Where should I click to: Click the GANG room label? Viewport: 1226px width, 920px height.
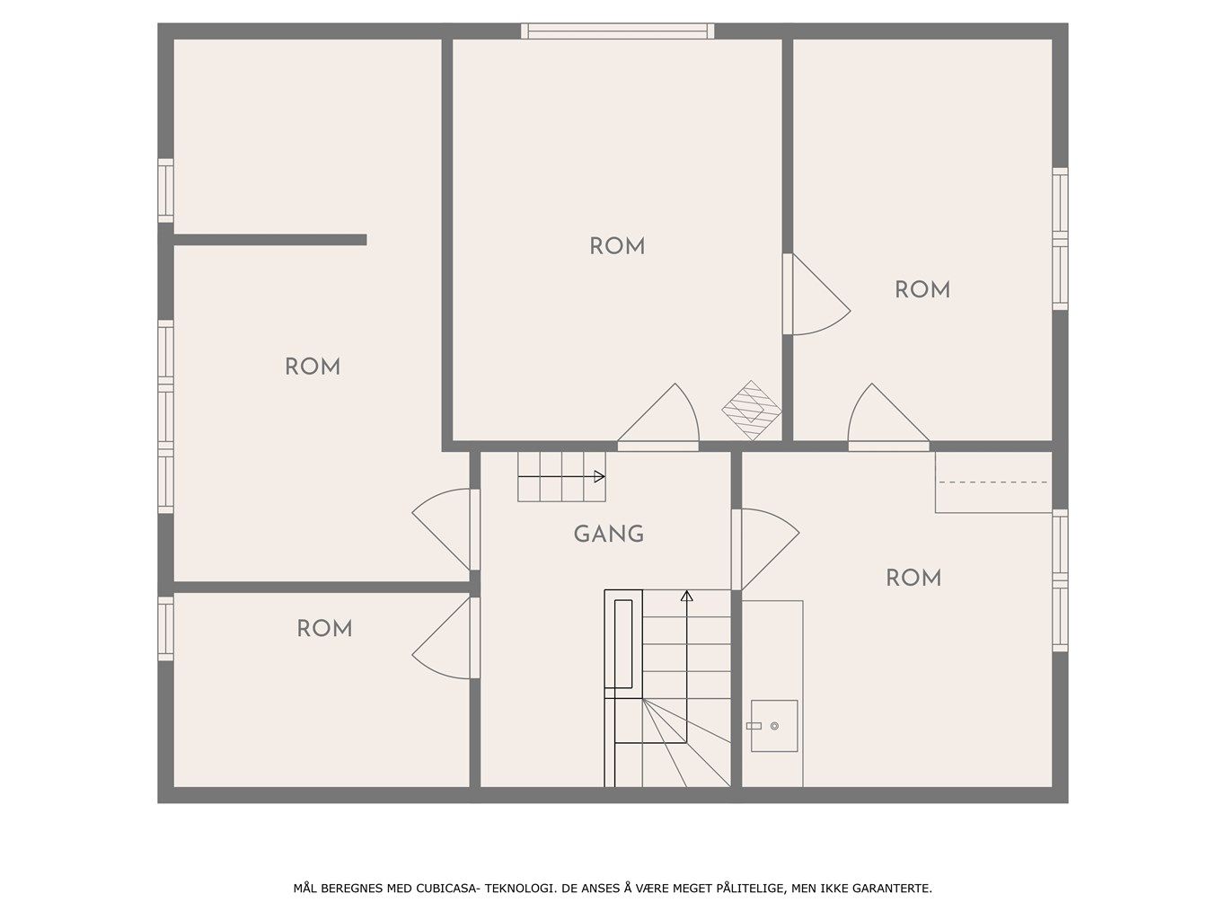point(609,534)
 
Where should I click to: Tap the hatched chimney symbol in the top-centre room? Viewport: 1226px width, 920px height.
point(751,411)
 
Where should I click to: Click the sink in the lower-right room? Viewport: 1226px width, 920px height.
point(773,726)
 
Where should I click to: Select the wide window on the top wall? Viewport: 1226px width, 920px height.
point(617,31)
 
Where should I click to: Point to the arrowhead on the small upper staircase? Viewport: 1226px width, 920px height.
point(599,476)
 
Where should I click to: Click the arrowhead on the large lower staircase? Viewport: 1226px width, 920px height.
point(687,596)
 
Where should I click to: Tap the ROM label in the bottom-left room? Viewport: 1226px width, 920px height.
point(324,629)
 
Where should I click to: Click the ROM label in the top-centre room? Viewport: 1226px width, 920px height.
point(617,246)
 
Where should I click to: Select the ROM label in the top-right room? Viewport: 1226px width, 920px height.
point(922,290)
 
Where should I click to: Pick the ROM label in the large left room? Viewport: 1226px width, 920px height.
point(313,367)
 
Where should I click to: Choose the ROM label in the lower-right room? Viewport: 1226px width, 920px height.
point(913,578)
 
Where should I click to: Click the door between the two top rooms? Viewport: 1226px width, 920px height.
point(816,295)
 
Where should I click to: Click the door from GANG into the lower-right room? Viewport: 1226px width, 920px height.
point(765,550)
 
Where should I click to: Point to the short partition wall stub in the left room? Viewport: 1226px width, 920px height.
point(269,240)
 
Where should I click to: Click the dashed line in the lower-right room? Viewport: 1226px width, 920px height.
point(993,482)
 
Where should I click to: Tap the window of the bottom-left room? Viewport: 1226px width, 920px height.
point(165,628)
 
